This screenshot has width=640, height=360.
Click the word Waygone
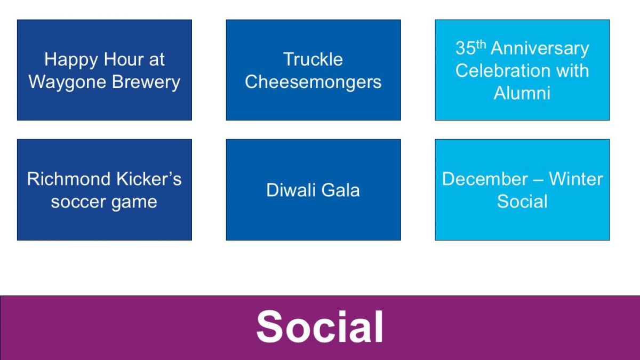coord(67,83)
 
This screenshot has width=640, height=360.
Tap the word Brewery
coord(146,83)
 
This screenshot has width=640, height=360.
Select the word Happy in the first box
coord(71,60)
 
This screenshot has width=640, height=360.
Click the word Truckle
coord(313,59)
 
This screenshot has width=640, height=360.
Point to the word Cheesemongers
coord(313,83)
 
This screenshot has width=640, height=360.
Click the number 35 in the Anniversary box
coord(466,48)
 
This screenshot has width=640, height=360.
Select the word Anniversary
coord(540,49)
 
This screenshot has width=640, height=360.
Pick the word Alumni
coord(522,93)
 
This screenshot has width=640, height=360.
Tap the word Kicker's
coord(149,179)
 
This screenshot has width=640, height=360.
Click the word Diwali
coord(291,190)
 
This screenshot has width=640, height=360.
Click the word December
coord(485,179)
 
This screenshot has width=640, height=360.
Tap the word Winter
coord(576,179)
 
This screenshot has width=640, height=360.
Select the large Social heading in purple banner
coord(319,326)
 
